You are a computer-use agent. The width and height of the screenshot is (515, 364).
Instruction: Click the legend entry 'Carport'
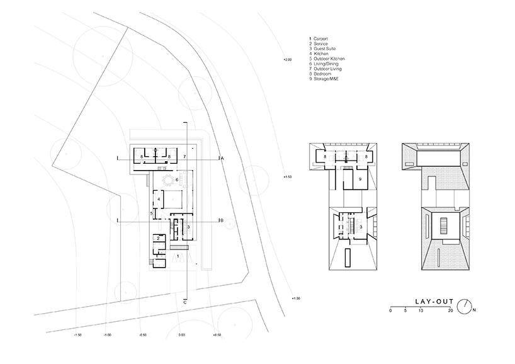tap(319, 39)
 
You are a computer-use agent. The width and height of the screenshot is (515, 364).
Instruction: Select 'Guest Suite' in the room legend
tap(323, 48)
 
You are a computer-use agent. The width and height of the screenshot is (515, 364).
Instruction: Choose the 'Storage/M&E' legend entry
tap(325, 79)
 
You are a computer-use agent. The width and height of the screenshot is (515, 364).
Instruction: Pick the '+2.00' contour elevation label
tap(288, 59)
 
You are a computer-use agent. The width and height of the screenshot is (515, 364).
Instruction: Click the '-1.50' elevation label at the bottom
tap(78, 336)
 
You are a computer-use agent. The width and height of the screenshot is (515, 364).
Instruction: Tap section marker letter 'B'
tap(222, 220)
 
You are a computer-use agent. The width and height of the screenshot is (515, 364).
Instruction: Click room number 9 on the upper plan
tap(360, 179)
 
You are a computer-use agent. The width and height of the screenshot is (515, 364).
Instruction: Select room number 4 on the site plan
tap(159, 200)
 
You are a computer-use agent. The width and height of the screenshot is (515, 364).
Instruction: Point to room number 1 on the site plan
tap(178, 256)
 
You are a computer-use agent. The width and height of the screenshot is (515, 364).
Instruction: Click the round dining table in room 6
tap(168, 181)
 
